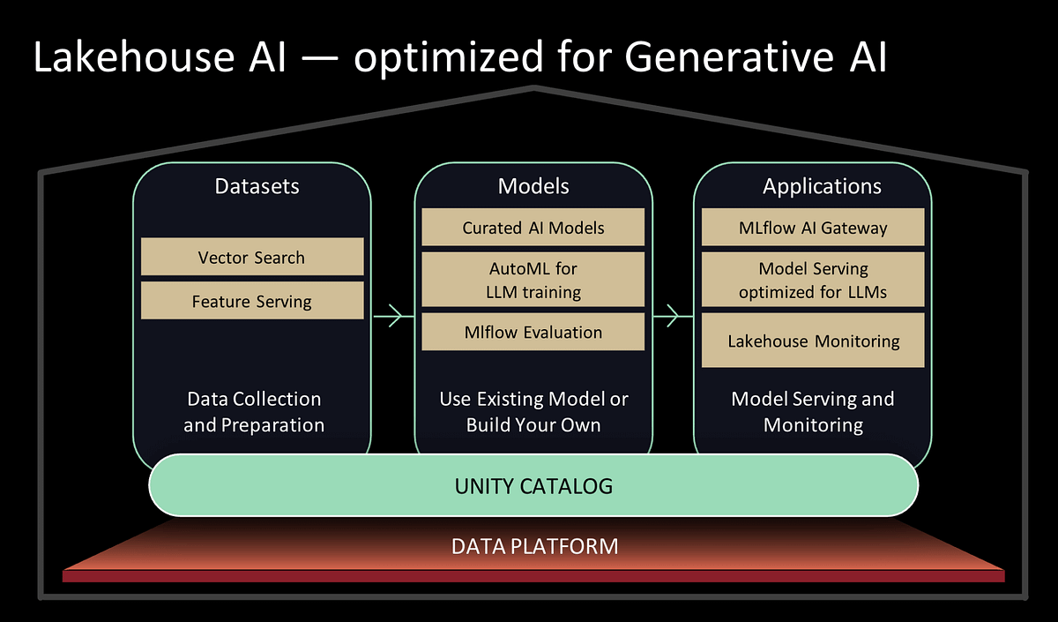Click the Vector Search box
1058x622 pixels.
point(252,258)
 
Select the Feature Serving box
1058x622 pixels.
point(252,302)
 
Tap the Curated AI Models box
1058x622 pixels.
point(533,228)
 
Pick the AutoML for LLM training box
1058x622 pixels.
point(533,279)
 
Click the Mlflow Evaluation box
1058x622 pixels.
point(533,333)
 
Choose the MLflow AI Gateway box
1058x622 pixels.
point(813,228)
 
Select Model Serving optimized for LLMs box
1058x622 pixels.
point(813,279)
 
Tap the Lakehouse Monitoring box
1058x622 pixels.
point(813,341)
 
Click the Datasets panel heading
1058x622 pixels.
point(257,186)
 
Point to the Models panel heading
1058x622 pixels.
point(533,186)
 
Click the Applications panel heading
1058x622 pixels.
point(822,186)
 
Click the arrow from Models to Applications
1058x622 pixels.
point(673,315)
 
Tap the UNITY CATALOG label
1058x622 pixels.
point(533,486)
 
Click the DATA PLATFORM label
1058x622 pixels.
point(534,546)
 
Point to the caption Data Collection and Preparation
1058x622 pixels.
point(254,412)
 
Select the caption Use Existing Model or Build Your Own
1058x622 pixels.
point(533,412)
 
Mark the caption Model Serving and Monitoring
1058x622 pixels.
point(813,412)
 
